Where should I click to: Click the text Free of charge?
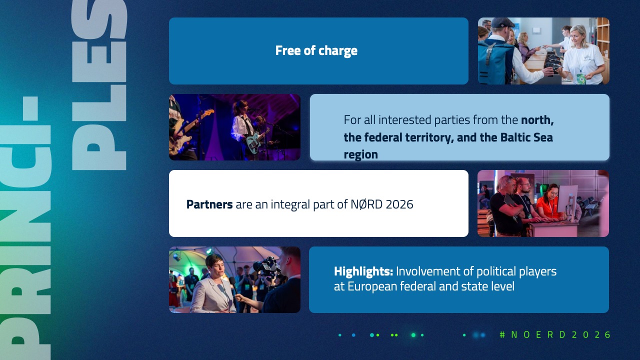pos(316,51)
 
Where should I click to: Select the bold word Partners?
pos(209,204)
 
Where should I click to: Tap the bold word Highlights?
pos(363,271)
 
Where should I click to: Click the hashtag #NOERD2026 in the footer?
pos(555,334)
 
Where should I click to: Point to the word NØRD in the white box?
pos(366,204)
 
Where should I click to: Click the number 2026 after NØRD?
pos(399,204)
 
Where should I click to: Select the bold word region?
pos(361,154)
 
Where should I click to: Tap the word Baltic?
pos(512,137)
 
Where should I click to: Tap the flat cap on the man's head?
pos(502,21)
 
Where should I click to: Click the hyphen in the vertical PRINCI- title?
pos(30,108)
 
